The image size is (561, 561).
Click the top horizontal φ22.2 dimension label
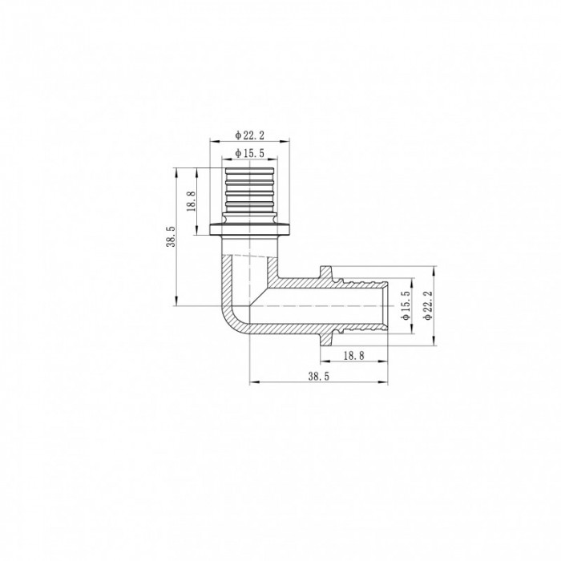(250, 135)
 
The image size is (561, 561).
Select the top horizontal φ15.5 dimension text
(250, 152)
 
